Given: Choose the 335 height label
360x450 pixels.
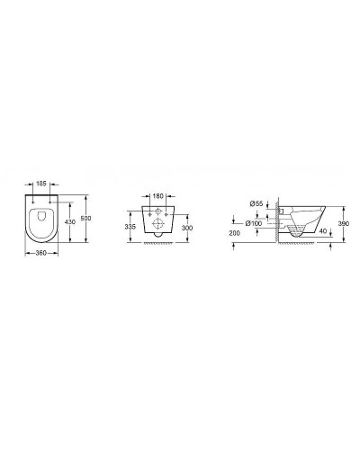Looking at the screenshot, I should (x=131, y=228).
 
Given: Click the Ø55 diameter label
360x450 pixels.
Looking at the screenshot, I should (x=256, y=203).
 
